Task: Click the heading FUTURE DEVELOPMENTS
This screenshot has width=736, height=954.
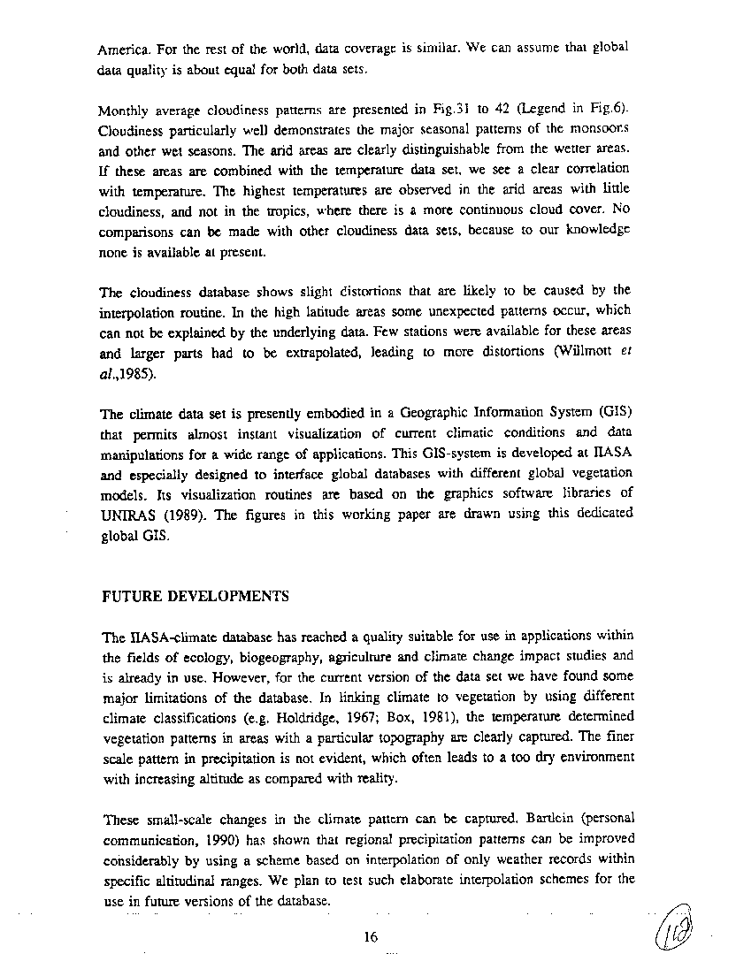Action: tap(195, 596)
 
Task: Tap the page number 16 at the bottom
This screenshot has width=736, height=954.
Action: tap(371, 937)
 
